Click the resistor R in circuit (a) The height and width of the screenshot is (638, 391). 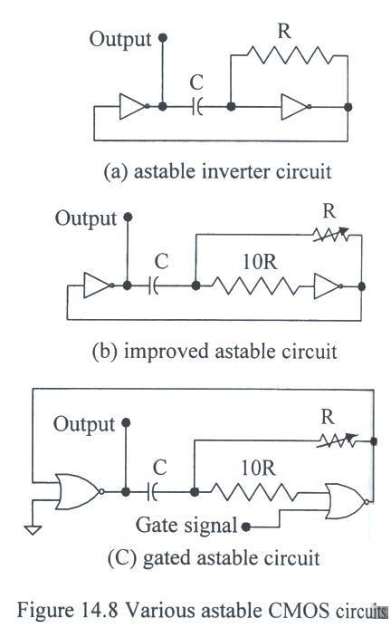pos(289,55)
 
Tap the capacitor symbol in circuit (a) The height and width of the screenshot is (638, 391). pos(197,107)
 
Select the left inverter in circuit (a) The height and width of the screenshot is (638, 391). pos(134,107)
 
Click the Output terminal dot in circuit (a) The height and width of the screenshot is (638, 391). pos(163,38)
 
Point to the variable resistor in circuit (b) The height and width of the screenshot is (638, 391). pos(331,235)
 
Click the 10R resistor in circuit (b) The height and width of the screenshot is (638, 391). pos(255,286)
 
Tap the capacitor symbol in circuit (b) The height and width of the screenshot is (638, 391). pos(154,286)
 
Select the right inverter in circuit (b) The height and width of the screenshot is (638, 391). pos(328,286)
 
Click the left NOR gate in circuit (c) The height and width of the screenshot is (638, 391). pos(80,491)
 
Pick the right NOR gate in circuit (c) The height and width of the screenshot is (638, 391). pos(348,501)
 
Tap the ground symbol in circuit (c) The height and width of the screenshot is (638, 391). pos(33,530)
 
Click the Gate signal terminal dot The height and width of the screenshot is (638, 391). pos(245,527)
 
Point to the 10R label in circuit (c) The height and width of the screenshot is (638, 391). pos(259,468)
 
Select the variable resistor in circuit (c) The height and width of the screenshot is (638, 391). pos(338,440)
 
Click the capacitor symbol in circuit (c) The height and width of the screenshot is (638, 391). pos(152,492)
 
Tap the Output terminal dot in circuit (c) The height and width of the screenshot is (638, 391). pos(126,423)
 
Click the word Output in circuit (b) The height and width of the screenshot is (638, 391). pos(86,219)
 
